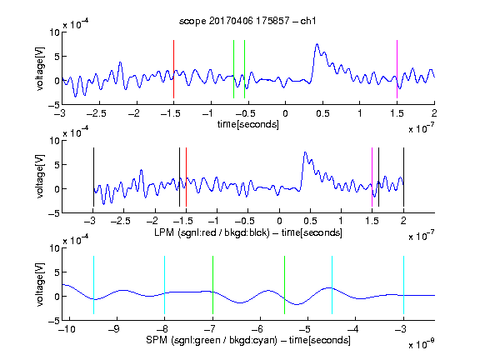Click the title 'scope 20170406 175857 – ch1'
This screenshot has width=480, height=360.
(247, 21)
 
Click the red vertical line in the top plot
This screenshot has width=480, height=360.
(173, 69)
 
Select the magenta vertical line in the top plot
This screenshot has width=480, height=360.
(397, 69)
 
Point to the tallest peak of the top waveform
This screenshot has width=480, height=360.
(317, 44)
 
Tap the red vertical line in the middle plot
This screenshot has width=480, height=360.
(186, 177)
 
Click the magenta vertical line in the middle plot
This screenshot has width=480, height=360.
(372, 177)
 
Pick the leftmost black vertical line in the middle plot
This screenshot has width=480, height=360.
(93, 177)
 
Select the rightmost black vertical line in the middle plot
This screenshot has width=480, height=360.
(403, 177)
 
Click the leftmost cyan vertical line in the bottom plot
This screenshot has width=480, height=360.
(93, 285)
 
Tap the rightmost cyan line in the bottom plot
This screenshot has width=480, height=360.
(403, 285)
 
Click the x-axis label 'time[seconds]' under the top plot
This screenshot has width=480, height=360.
(248, 124)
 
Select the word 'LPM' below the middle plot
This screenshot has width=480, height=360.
(164, 232)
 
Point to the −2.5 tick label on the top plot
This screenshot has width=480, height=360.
(96, 113)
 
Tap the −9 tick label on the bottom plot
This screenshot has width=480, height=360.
(114, 329)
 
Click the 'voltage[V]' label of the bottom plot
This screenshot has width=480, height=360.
(40, 284)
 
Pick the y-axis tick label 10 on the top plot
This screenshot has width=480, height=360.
(55, 32)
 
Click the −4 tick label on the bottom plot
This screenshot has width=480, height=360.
(352, 329)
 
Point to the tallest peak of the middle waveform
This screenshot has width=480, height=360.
(305, 152)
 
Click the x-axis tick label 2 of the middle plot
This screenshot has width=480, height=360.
(403, 221)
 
